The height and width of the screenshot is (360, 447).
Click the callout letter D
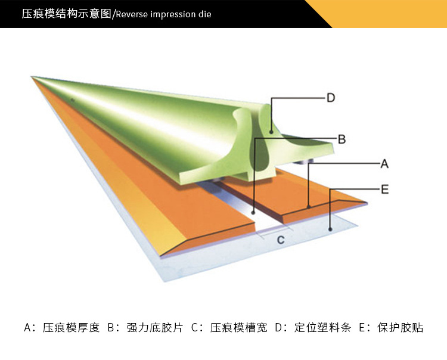click(x=331, y=98)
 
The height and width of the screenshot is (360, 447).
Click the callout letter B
click(x=342, y=139)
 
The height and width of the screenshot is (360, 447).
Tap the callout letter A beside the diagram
click(x=384, y=163)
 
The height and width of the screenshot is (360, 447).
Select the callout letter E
click(x=384, y=190)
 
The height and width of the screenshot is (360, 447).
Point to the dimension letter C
click(x=280, y=240)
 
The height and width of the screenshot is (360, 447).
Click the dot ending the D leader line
click(x=271, y=131)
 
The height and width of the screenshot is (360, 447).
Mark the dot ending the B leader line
click(x=254, y=210)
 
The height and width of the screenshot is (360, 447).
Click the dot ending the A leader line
click(x=308, y=206)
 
